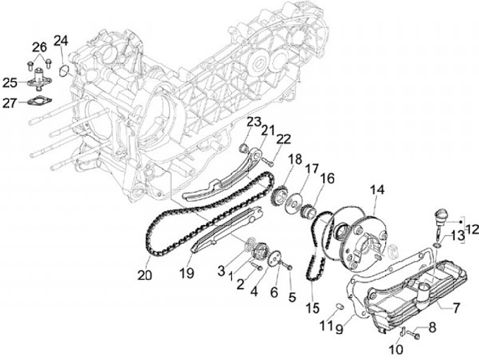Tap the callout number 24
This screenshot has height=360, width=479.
pos(61,41)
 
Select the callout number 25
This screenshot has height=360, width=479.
pos(10,83)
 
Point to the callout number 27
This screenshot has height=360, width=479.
pos(10,102)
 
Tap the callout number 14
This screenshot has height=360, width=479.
pos(377,190)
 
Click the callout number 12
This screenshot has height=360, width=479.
pos(472,230)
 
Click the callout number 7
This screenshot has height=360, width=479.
pos(456,307)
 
